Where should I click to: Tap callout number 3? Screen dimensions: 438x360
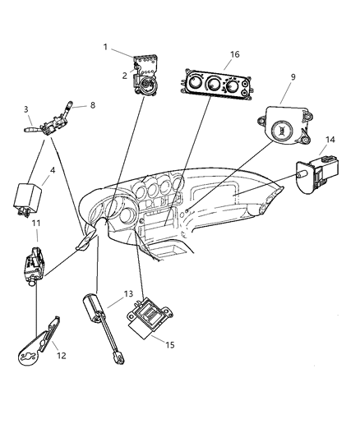pos(26,108)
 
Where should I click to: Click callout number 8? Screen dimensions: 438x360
pos(92,104)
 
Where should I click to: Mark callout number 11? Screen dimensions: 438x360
pos(36,223)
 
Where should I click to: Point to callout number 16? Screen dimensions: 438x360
pos(212,55)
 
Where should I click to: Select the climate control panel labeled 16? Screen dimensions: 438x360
pos(214,85)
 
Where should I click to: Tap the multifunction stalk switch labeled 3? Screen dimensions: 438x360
pos(53,125)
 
